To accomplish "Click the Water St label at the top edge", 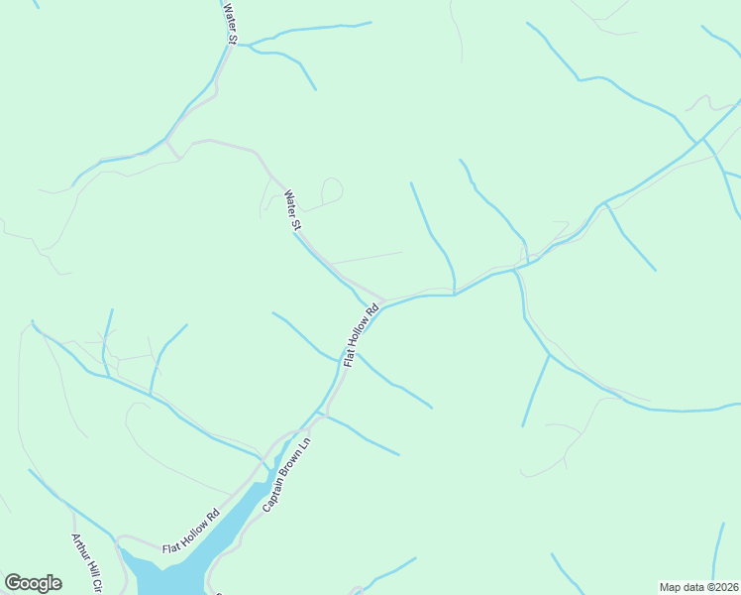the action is click(x=230, y=24).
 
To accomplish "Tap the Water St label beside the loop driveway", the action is click(x=292, y=211).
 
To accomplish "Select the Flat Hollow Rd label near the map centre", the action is click(x=361, y=335).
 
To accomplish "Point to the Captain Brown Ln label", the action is click(x=287, y=476).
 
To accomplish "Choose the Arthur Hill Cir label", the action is click(x=86, y=563).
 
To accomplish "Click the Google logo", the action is click(x=33, y=583).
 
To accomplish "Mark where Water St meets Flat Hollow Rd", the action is click(x=384, y=300).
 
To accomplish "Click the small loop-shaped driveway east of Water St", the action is click(x=331, y=189).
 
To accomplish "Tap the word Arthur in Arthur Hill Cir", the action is click(x=78, y=548).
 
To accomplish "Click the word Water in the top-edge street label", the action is click(x=228, y=17).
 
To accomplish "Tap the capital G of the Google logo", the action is click(x=13, y=582).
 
